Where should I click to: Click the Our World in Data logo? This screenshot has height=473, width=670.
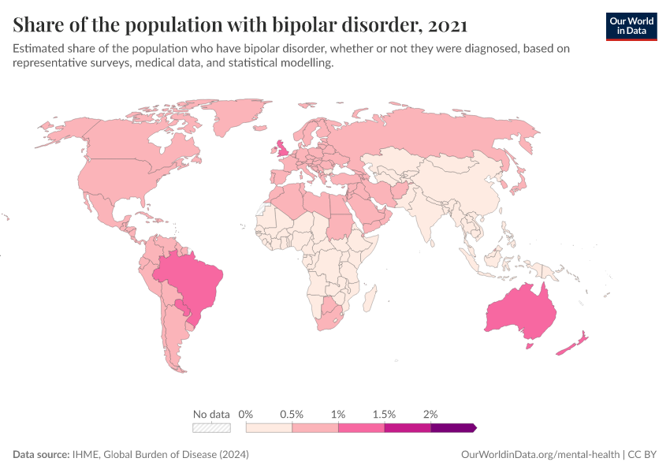click(x=631, y=26)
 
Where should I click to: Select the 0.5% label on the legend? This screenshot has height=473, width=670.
click(x=292, y=414)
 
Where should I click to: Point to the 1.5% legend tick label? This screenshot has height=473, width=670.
click(x=384, y=414)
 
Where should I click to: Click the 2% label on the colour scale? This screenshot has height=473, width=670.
click(x=430, y=414)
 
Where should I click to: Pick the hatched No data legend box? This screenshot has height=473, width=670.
click(x=212, y=428)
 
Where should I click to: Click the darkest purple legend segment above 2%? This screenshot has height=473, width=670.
click(x=452, y=428)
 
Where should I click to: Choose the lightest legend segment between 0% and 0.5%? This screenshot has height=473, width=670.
click(x=269, y=428)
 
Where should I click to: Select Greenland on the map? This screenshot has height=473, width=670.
click(x=240, y=118)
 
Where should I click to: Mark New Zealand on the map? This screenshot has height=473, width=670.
click(x=574, y=344)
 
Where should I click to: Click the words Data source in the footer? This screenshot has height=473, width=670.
click(x=40, y=455)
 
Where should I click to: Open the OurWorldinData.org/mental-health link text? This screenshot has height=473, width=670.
click(x=539, y=455)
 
